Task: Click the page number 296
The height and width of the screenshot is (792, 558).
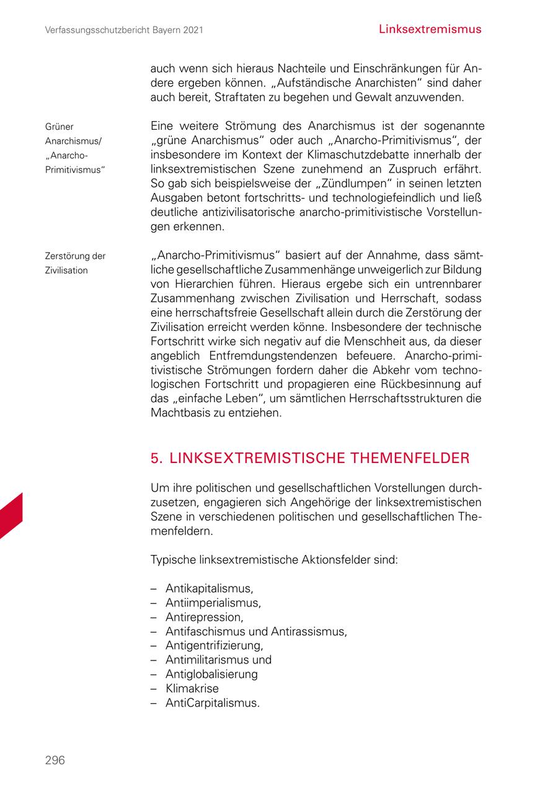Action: click(55, 760)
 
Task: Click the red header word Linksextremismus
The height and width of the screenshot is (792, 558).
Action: click(430, 29)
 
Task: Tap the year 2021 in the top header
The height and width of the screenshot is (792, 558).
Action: click(191, 30)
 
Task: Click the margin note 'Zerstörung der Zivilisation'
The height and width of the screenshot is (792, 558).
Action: click(75, 263)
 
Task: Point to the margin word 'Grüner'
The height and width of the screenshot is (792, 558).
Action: click(60, 127)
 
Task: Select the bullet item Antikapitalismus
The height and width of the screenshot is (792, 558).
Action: click(209, 588)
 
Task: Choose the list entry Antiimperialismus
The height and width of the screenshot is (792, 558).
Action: click(213, 602)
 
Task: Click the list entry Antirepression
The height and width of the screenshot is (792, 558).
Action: click(204, 617)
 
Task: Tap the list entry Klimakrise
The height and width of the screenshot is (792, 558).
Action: click(192, 688)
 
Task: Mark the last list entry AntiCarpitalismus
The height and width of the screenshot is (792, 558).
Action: click(212, 703)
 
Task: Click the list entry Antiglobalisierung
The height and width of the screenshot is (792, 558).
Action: click(211, 674)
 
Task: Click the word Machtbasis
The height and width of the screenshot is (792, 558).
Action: click(180, 412)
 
